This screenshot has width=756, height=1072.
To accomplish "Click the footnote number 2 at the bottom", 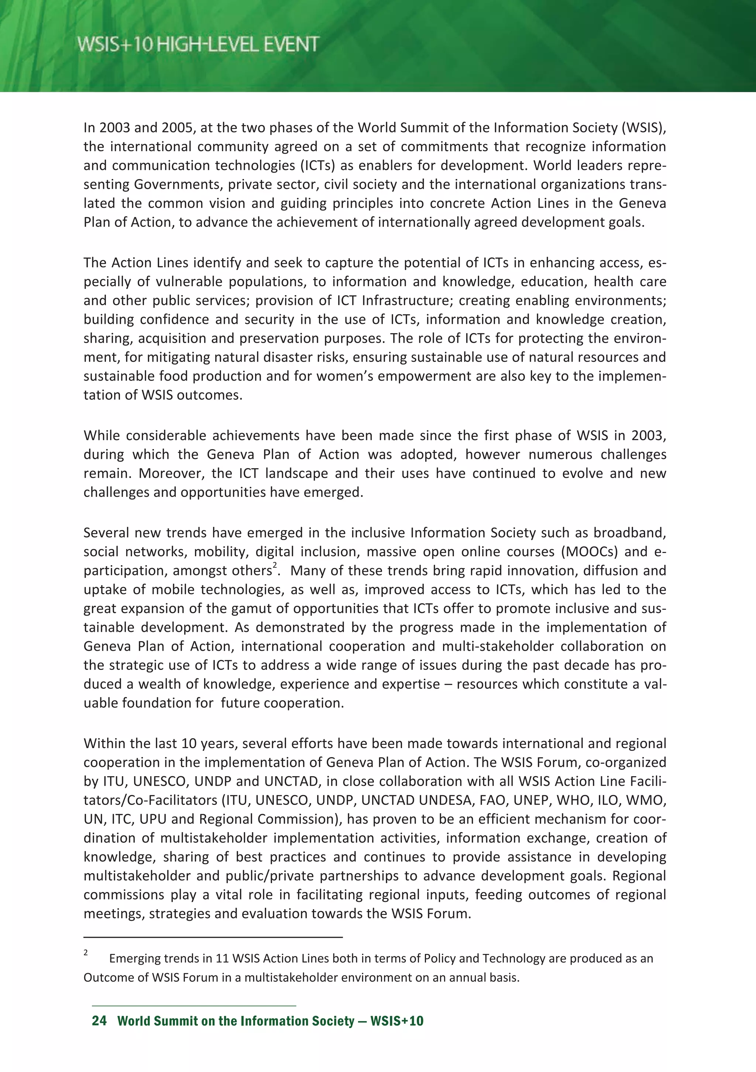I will tap(86, 952).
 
